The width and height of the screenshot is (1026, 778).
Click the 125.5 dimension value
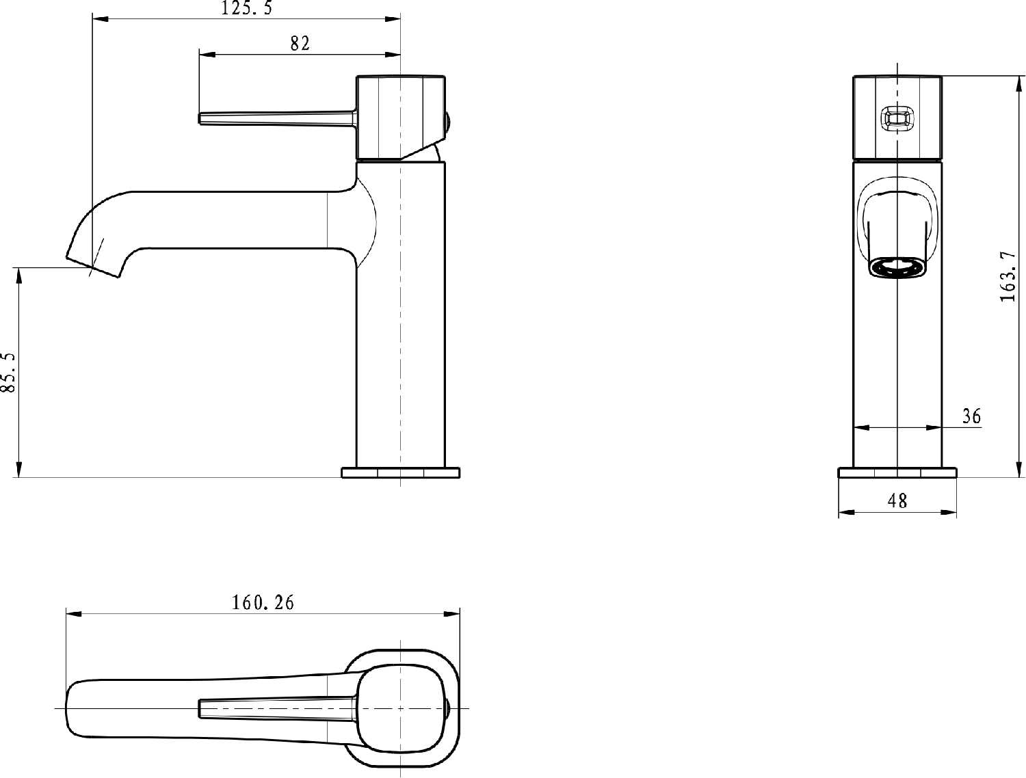coord(246,8)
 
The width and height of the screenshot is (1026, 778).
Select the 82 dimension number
coord(300,44)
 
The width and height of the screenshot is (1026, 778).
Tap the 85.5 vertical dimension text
coord(8,372)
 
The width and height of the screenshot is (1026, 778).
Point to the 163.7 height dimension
coord(1008,276)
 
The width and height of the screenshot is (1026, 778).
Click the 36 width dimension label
coord(971,416)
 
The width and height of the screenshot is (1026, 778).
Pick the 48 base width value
coord(897,500)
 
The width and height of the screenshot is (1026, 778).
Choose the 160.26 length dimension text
coord(263,602)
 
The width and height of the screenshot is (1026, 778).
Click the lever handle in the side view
coord(278,118)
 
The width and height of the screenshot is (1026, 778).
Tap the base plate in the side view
coord(401,472)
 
